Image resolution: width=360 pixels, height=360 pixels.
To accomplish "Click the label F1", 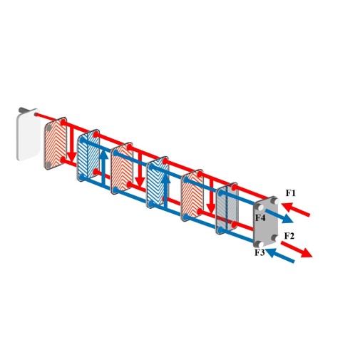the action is (x=290, y=193).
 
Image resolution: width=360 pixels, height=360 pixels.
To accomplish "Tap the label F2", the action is (x=289, y=236).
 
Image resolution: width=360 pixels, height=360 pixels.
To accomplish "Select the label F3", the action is (x=259, y=252).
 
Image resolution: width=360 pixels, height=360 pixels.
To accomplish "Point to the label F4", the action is (x=260, y=217).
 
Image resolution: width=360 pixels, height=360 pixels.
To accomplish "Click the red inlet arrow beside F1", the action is (x=296, y=210).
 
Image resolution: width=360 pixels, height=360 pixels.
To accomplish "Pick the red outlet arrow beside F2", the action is (x=297, y=249).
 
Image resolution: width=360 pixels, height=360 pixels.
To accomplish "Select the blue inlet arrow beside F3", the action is (x=280, y=255).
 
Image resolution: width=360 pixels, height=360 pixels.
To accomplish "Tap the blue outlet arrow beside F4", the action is (x=279, y=216).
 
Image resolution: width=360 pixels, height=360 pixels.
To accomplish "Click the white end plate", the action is (x=27, y=135).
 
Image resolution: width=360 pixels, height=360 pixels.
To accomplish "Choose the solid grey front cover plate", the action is (x=265, y=222).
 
